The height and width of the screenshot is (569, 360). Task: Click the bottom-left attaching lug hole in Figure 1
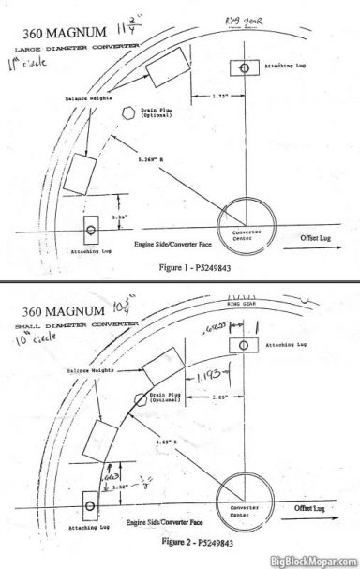pos(92,229)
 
